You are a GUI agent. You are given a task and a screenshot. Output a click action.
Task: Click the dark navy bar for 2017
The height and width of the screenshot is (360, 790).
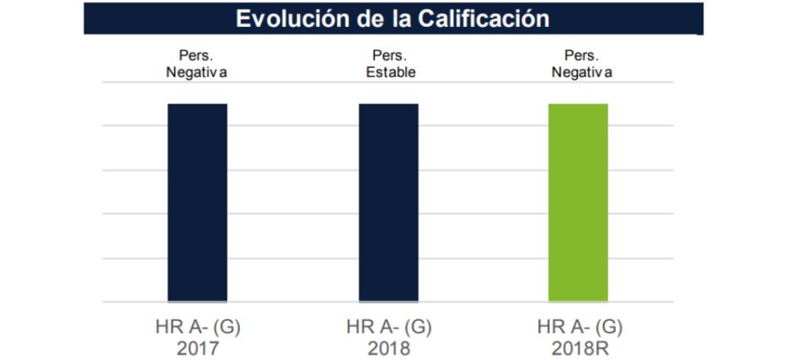(197, 202)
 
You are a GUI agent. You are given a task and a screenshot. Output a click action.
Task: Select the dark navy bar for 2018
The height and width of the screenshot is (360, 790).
(389, 202)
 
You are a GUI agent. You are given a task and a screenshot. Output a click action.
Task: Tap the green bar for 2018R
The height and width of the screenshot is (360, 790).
(578, 202)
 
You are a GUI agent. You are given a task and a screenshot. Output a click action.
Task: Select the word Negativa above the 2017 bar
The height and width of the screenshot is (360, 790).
(197, 72)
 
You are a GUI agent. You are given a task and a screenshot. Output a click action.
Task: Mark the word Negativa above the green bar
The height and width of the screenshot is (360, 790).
(581, 72)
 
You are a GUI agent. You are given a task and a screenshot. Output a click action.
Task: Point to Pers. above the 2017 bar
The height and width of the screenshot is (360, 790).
(197, 56)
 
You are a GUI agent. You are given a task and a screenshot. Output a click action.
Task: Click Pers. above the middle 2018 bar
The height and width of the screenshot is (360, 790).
(389, 56)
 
